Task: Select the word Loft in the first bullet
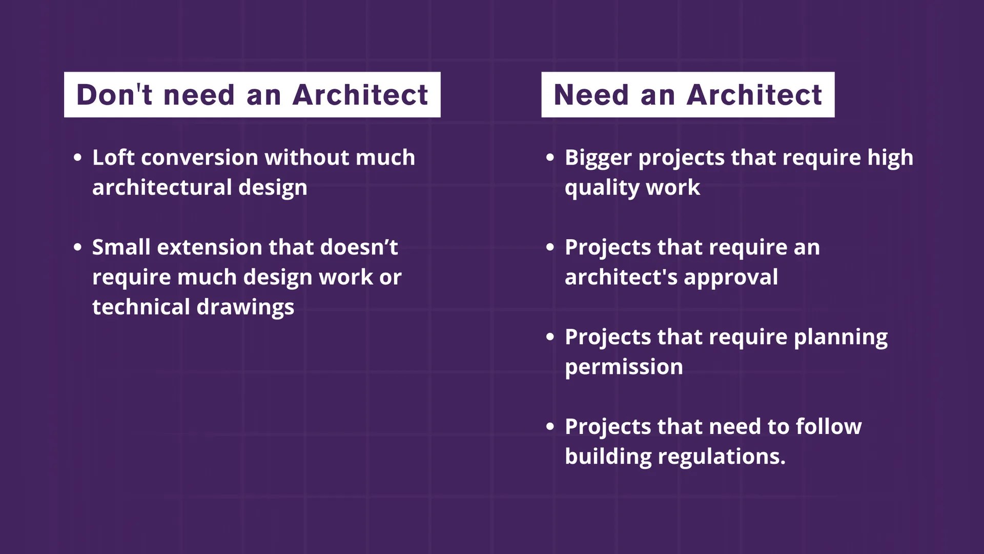pyautogui.click(x=113, y=157)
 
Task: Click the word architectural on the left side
pyautogui.click(x=162, y=187)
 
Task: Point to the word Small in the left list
pyautogui.click(x=121, y=247)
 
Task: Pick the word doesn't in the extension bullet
pyautogui.click(x=359, y=247)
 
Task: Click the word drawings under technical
pyautogui.click(x=245, y=307)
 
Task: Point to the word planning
pyautogui.click(x=840, y=338)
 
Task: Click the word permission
pyautogui.click(x=624, y=367)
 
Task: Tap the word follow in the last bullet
pyautogui.click(x=829, y=427)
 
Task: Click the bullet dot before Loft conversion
pyautogui.click(x=77, y=157)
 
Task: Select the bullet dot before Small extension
pyautogui.click(x=77, y=247)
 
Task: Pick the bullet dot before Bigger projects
pyautogui.click(x=550, y=157)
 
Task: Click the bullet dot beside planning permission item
pyautogui.click(x=550, y=337)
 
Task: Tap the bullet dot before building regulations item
pyautogui.click(x=550, y=426)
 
